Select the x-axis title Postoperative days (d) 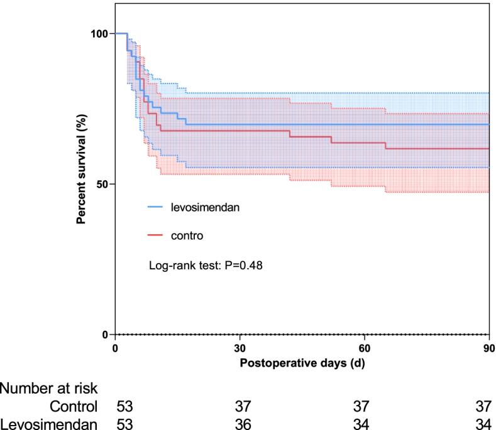click(302, 362)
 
